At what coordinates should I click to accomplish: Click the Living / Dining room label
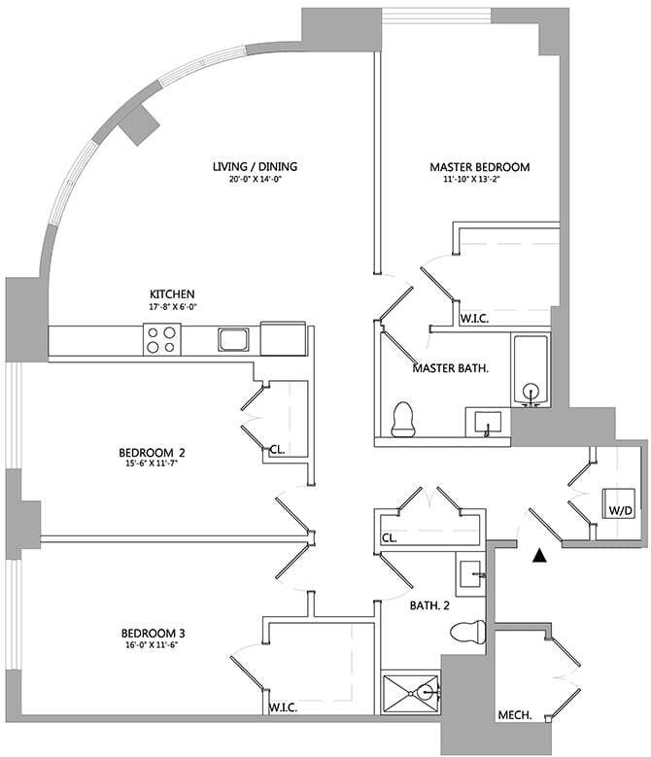pyautogui.click(x=255, y=166)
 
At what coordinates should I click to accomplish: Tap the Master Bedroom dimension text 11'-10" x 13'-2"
pyautogui.click(x=479, y=179)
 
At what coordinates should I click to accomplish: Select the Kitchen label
pyautogui.click(x=172, y=294)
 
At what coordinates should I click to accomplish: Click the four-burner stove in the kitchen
pyautogui.click(x=161, y=339)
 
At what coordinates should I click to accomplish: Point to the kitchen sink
pyautogui.click(x=233, y=339)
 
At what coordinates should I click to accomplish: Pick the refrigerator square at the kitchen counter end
pyautogui.click(x=284, y=338)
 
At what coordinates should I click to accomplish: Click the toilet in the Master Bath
pyautogui.click(x=403, y=419)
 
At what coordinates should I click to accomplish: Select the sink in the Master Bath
pyautogui.click(x=488, y=423)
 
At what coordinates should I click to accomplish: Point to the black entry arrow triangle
pyautogui.click(x=539, y=556)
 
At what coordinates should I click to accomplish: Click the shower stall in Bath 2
pyautogui.click(x=411, y=693)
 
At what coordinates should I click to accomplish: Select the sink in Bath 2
pyautogui.click(x=470, y=574)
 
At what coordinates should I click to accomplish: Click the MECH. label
pyautogui.click(x=515, y=715)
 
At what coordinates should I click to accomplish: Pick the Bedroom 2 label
pyautogui.click(x=152, y=453)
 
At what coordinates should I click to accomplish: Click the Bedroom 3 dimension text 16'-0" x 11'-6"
pyautogui.click(x=152, y=644)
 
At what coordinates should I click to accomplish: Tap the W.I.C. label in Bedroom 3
pyautogui.click(x=283, y=708)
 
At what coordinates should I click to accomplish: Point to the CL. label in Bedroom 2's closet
pyautogui.click(x=277, y=450)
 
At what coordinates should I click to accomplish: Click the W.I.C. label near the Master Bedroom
pyautogui.click(x=474, y=319)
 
